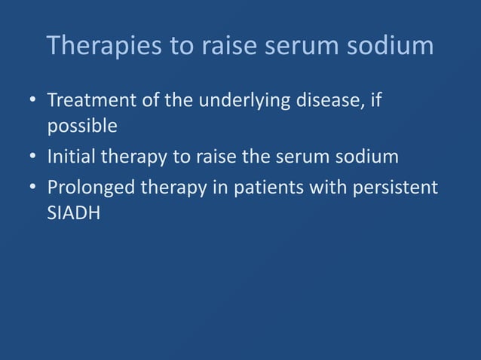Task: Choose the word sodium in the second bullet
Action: [370, 158]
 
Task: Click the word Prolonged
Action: [92, 187]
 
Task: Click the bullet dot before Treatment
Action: [29, 101]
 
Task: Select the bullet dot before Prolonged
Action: [29, 188]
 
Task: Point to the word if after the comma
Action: [375, 100]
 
